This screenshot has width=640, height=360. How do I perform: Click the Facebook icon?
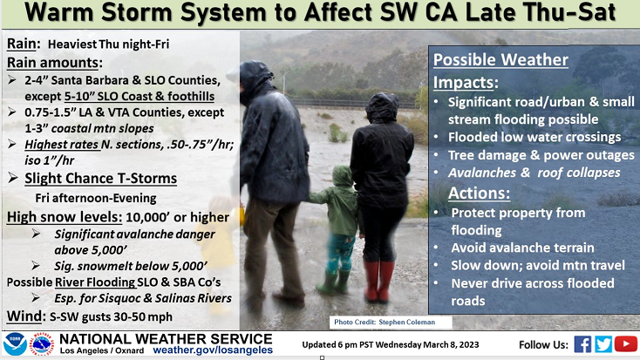tap(582, 344)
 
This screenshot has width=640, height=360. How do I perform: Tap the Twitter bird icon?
tap(603, 344)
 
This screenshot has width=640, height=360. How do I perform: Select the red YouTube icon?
tap(626, 344)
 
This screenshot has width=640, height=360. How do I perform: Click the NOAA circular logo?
tap(15, 344)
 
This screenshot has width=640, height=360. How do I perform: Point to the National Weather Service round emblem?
tap(41, 344)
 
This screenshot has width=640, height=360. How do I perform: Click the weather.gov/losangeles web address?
tap(213, 350)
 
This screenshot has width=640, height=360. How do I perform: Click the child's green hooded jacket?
tap(339, 200)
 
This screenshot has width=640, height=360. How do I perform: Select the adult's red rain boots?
tap(378, 282)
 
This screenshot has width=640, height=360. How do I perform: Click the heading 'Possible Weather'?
tap(500, 60)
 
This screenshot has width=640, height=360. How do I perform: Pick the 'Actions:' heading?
tap(480, 193)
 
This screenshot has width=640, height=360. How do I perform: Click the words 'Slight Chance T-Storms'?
tap(101, 179)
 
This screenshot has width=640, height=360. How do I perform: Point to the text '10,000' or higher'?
tap(178, 217)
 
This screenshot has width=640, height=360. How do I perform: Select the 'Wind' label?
tap(24, 316)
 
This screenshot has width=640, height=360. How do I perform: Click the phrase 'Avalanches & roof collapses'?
tap(534, 173)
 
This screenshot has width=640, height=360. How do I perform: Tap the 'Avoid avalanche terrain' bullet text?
tap(522, 248)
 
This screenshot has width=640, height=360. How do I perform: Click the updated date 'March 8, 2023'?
tap(451, 345)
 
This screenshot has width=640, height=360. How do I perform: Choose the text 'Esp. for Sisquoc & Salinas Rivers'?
tap(143, 298)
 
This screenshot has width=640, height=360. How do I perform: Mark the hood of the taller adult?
tap(255, 79)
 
